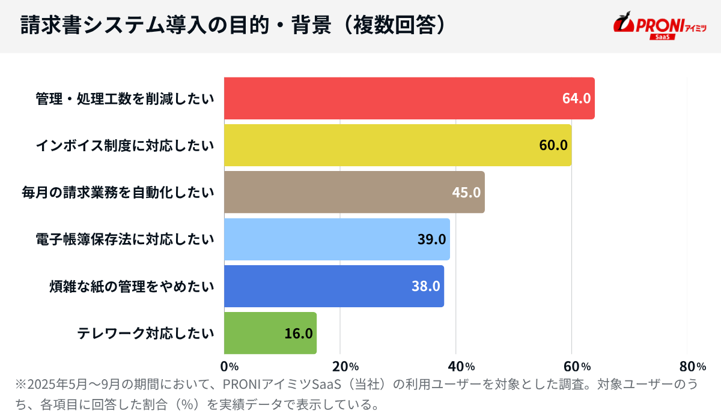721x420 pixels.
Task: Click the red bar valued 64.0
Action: (x=409, y=98)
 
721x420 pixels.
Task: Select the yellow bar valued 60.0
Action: (x=397, y=145)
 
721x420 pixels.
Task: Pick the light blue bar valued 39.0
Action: (x=336, y=239)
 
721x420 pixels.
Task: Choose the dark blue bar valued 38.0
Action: (x=333, y=286)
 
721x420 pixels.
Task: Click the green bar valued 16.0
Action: (x=270, y=333)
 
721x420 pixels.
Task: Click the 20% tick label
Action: (x=345, y=367)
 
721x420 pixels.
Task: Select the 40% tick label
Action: (x=461, y=367)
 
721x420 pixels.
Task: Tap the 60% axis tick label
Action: (x=577, y=367)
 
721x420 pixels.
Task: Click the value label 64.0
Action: (x=576, y=98)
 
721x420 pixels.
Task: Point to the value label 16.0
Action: (x=299, y=333)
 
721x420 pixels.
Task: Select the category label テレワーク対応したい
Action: (x=145, y=333)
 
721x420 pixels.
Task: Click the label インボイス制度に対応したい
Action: (x=124, y=145)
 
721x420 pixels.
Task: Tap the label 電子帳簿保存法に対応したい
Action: (x=124, y=239)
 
